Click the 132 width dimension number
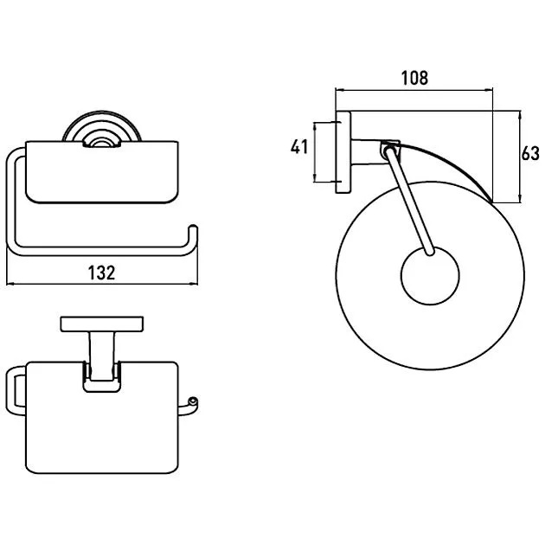[x=101, y=272]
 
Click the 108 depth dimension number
[x=414, y=78]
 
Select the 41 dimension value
[x=299, y=147]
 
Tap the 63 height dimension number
[x=530, y=153]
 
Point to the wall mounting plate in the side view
[x=343, y=152]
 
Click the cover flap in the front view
[x=102, y=172]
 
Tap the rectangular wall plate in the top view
[x=102, y=324]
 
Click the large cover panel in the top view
[x=102, y=417]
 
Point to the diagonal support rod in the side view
[x=409, y=201]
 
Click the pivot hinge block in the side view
[x=391, y=151]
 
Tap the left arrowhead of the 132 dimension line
[x=10, y=284]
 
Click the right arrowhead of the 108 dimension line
[x=489, y=90]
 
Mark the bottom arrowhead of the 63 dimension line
[x=520, y=198]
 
